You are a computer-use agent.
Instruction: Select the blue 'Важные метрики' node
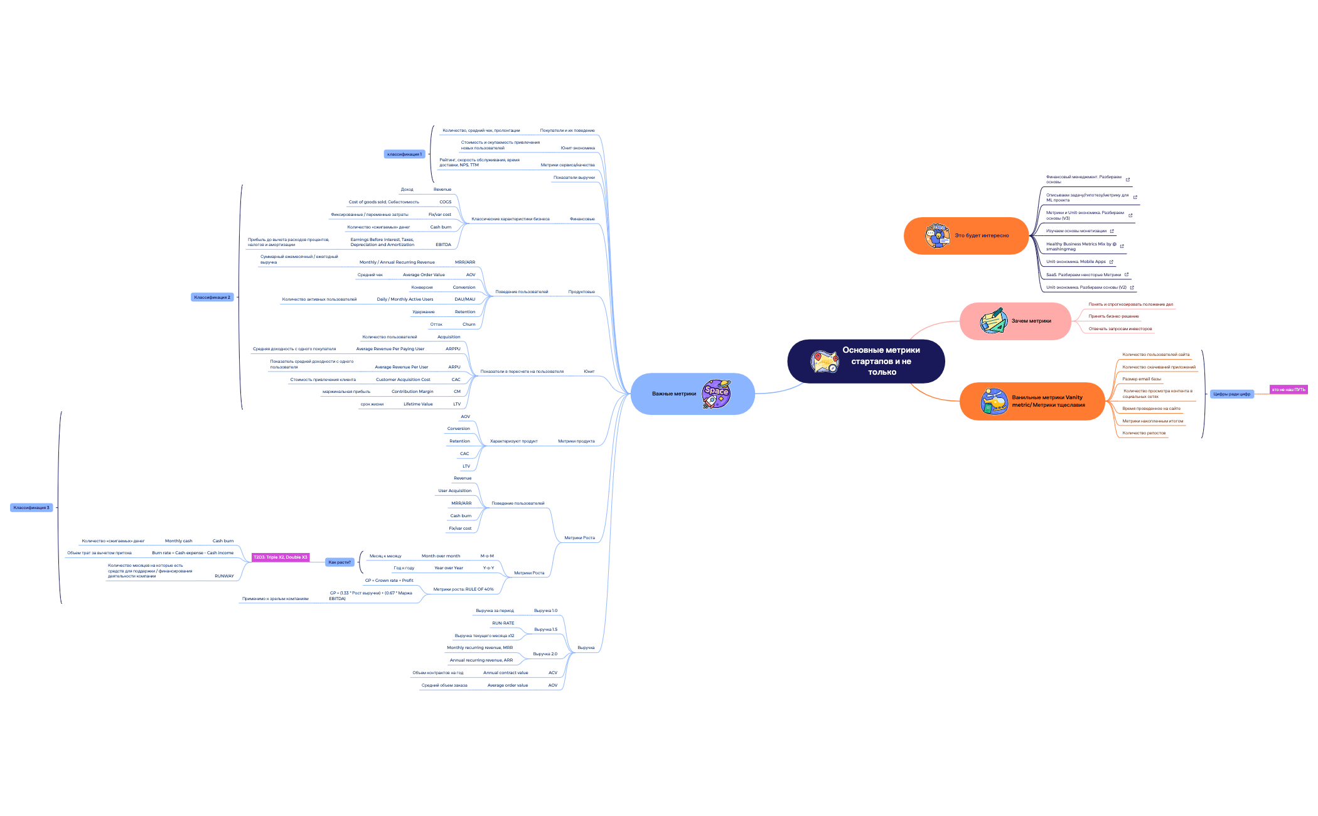click(673, 394)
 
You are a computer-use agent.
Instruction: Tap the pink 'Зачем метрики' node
click(1031, 321)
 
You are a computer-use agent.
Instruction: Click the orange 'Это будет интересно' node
click(982, 235)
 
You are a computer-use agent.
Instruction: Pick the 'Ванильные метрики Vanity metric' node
click(1047, 401)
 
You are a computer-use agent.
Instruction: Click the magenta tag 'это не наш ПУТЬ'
click(1289, 390)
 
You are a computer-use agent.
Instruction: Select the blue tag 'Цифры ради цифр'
click(1231, 394)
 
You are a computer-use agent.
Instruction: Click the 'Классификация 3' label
click(31, 508)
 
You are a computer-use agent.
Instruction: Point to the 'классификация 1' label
click(404, 154)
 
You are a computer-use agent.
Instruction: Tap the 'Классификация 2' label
click(212, 298)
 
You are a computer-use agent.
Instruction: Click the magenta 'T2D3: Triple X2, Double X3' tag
click(281, 557)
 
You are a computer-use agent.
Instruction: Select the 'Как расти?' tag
click(340, 562)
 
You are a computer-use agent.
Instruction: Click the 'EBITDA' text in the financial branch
click(443, 245)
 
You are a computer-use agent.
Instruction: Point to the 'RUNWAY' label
click(224, 576)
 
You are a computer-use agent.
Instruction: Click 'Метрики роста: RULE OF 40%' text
click(463, 589)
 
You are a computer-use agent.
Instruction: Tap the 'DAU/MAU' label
click(464, 299)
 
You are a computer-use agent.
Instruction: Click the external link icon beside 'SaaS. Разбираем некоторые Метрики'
click(1127, 274)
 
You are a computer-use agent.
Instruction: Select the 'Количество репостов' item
click(1144, 433)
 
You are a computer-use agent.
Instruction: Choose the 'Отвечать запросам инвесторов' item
click(1120, 329)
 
